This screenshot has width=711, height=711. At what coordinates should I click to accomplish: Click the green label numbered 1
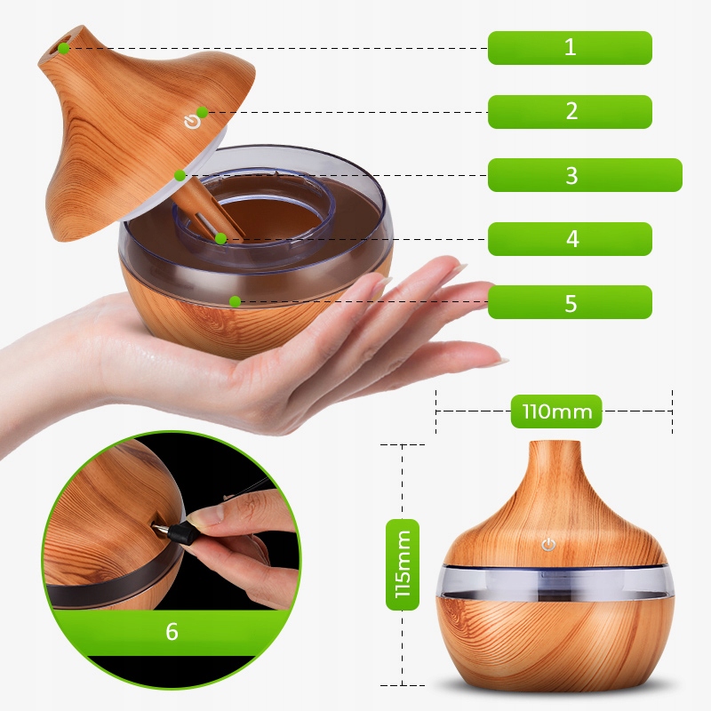click(570, 48)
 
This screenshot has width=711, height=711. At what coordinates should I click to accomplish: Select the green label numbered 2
click(570, 112)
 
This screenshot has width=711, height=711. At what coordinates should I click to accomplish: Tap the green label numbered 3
click(585, 175)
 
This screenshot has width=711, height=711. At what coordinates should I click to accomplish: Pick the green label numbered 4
click(570, 239)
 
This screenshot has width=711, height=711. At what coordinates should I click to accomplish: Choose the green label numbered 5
click(570, 302)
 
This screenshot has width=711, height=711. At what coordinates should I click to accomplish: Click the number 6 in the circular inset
click(172, 631)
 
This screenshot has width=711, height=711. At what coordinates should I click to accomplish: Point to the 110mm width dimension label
click(556, 411)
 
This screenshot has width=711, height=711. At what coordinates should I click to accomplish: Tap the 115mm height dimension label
click(403, 564)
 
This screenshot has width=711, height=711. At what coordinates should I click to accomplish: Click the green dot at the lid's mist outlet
click(64, 48)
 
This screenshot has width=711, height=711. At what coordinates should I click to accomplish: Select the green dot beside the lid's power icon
click(203, 112)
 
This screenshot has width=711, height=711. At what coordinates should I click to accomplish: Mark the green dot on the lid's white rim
click(180, 175)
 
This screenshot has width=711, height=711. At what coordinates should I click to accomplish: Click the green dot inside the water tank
click(220, 238)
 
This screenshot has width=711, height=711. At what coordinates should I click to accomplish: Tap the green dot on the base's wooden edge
click(235, 301)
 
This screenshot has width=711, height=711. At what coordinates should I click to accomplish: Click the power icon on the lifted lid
click(192, 123)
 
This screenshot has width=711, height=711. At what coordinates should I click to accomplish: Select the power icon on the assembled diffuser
click(548, 545)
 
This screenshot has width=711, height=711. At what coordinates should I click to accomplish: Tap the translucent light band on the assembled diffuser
click(555, 581)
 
